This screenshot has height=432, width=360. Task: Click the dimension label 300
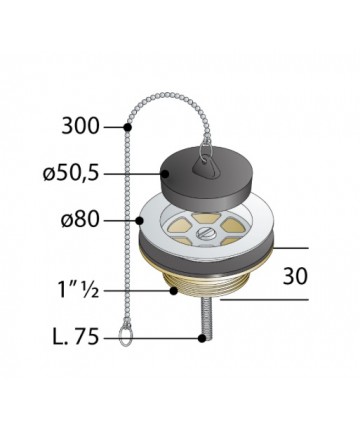point(81,127)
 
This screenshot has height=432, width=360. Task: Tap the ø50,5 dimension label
point(71,174)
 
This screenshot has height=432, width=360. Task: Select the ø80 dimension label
point(80,220)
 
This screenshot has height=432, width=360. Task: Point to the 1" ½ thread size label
point(79,290)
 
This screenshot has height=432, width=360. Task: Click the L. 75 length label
point(76,337)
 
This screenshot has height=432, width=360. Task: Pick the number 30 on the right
point(295,276)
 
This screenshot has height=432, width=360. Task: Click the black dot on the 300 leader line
point(128,127)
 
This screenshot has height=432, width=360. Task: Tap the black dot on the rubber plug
point(165,173)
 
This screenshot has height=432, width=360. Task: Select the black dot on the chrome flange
point(140,220)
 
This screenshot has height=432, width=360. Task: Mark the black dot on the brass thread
point(173,291)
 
